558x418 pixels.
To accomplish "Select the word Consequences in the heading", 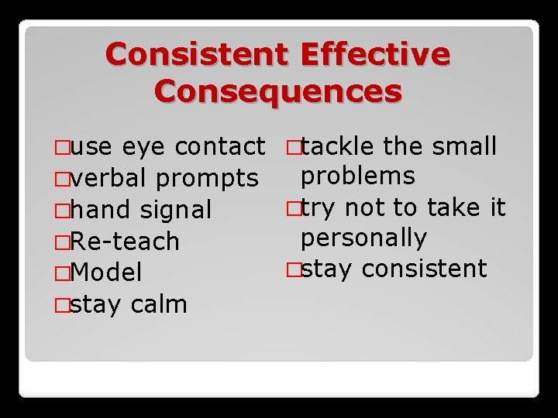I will (279, 91).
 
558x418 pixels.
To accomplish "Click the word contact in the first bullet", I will (221, 146).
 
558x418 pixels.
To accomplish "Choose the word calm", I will (159, 303).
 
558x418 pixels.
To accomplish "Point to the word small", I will (463, 146).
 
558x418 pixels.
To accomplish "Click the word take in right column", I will (449, 207).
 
